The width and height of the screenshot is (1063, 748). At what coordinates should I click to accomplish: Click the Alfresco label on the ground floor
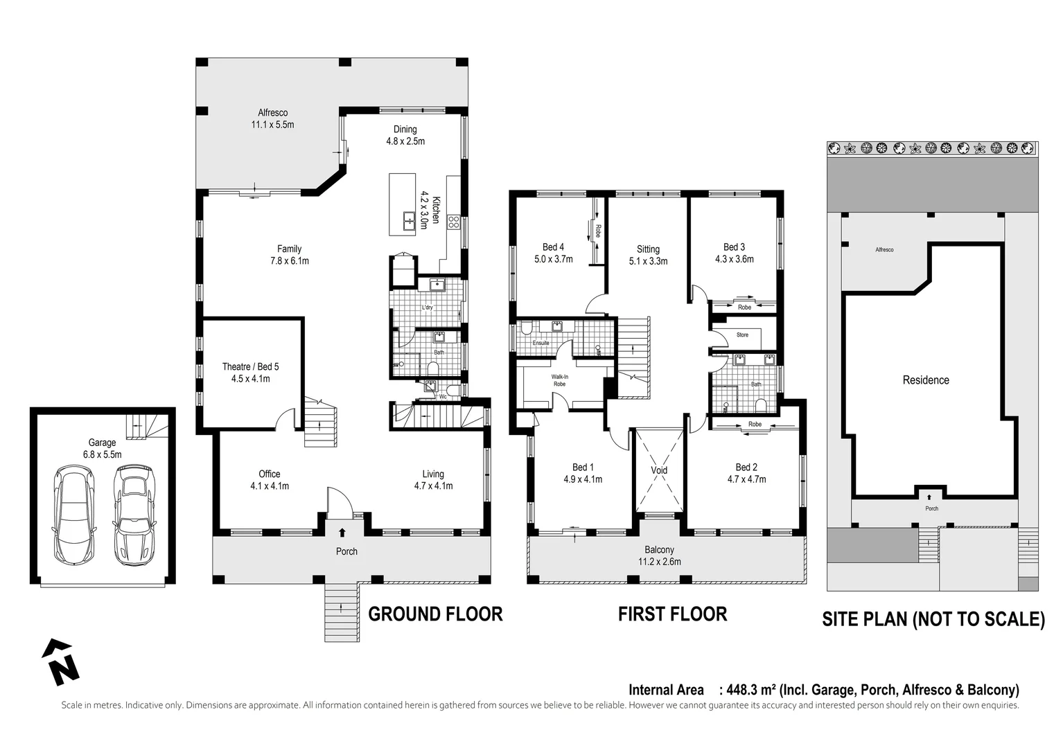[272, 113]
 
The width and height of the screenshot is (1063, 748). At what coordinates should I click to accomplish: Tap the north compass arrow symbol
[61, 662]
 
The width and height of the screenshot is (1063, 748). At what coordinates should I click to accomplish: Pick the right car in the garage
[134, 515]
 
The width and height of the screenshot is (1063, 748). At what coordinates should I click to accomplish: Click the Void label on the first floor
[659, 470]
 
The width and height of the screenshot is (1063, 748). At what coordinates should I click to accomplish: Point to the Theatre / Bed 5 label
[251, 366]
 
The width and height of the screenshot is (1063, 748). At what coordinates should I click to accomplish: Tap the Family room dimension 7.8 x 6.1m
[290, 261]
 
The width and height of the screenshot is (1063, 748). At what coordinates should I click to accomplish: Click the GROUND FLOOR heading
[435, 614]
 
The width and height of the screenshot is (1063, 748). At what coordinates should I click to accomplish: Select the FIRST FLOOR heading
[672, 614]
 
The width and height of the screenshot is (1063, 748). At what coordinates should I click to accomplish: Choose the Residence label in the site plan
[926, 380]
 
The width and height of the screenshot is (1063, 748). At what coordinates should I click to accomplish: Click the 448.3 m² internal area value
[752, 690]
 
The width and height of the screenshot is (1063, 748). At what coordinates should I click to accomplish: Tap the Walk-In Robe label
[559, 380]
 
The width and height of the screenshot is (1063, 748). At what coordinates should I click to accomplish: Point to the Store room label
[742, 335]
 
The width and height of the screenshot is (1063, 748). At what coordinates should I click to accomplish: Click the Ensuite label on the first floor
[541, 343]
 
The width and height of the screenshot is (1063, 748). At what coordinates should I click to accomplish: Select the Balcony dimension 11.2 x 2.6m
[659, 562]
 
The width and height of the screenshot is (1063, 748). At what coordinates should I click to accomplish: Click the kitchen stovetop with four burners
[453, 222]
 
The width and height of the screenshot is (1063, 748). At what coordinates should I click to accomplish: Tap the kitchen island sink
[409, 220]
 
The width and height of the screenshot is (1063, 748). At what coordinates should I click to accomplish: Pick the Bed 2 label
[746, 467]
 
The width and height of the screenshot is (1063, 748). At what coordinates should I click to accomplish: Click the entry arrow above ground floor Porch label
[342, 532]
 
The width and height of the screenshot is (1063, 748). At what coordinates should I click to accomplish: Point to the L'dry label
[427, 308]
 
